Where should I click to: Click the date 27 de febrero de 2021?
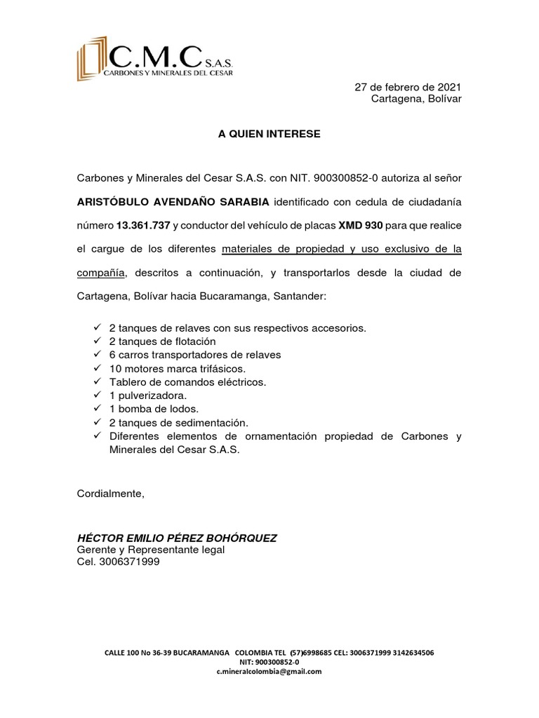[408, 87]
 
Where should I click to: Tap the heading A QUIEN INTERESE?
[269, 134]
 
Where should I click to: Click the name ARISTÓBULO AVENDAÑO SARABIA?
[173, 203]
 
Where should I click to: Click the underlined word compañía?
[101, 272]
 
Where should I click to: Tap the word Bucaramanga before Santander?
[228, 296]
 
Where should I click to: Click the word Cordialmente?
[110, 493]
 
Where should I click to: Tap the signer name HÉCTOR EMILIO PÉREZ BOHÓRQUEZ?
[177, 538]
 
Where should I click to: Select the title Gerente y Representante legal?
[150, 550]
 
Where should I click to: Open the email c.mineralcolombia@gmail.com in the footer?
[269, 671]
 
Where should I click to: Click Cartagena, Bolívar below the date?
[416, 99]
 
